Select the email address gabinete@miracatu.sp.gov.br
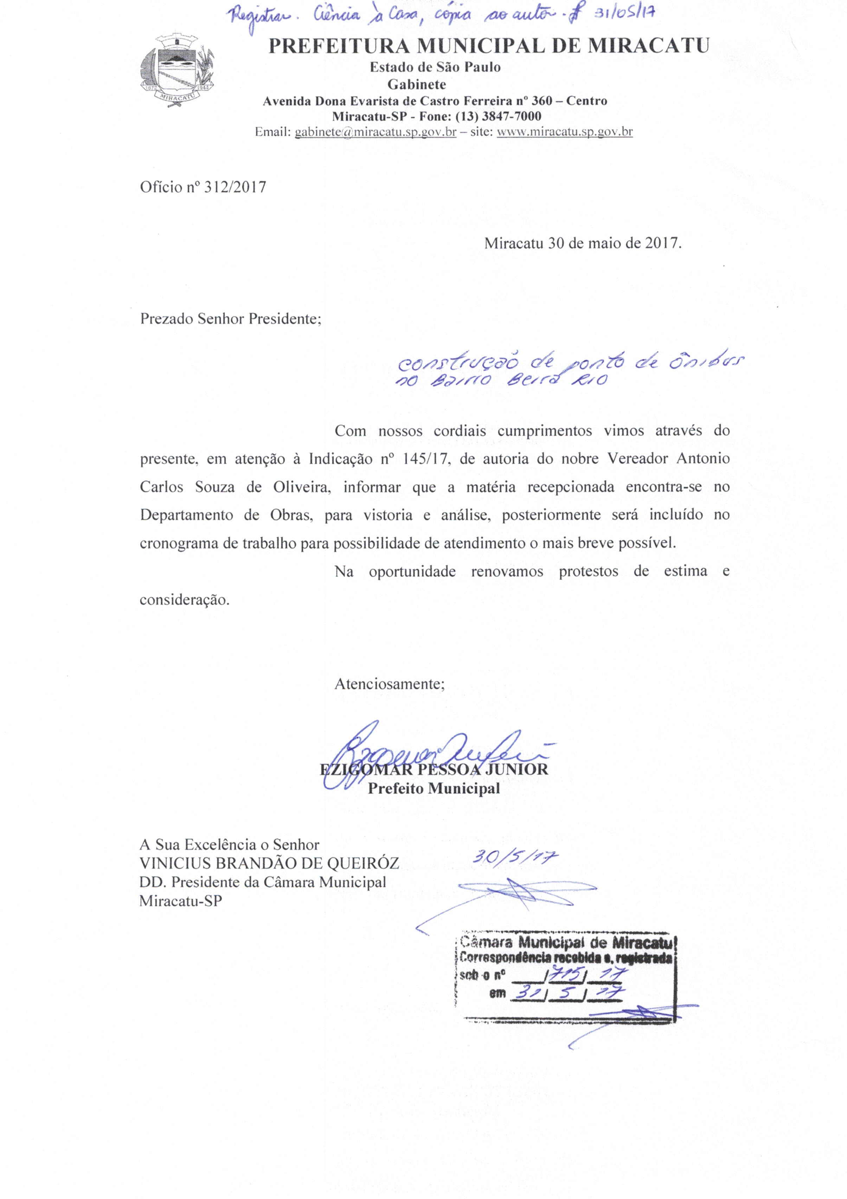coord(375,132)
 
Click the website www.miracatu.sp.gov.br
coord(565,132)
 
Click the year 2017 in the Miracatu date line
coord(662,243)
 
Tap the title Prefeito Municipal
coord(434,788)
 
